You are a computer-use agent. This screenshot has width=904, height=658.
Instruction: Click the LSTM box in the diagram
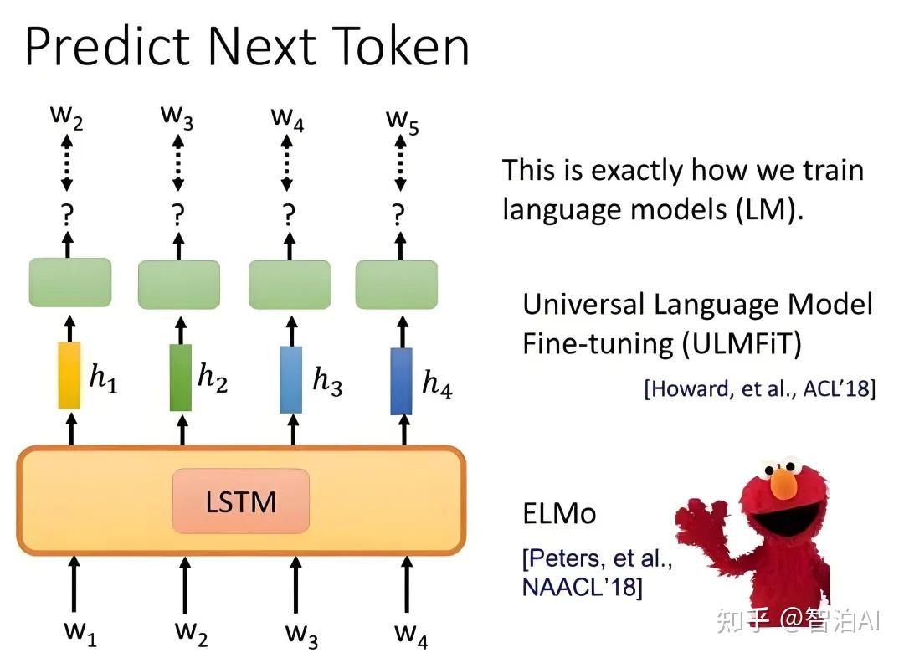[240, 501]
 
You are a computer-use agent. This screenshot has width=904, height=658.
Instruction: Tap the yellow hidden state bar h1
[69, 375]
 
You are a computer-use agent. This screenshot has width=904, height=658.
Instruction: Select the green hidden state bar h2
[180, 378]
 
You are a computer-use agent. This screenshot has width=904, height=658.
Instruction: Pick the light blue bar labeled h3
[290, 379]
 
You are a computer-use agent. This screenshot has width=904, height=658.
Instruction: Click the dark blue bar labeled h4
[402, 381]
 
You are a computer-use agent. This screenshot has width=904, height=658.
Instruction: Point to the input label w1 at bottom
[80, 633]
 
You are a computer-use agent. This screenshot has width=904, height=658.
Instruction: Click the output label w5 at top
[403, 119]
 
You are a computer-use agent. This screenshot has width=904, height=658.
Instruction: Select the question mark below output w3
[178, 215]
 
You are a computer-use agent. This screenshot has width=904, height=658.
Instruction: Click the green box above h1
[70, 282]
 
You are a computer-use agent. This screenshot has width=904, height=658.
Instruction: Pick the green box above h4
[398, 285]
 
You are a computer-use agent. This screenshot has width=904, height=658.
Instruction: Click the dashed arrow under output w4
[288, 167]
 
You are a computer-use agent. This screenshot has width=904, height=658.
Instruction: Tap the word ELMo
[559, 512]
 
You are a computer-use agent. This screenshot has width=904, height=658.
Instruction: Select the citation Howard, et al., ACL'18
[759, 388]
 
